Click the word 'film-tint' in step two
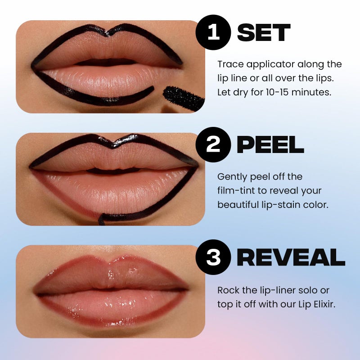(x=235, y=190)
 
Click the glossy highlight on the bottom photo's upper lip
(x=131, y=271)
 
